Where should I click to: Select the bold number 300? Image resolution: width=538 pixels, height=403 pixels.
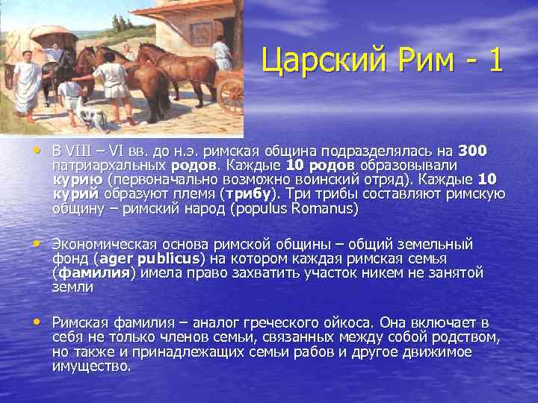[x=472, y=151]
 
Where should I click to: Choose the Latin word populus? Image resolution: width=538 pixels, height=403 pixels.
[x=265, y=209]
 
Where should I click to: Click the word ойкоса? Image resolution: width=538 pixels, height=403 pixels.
[x=344, y=323]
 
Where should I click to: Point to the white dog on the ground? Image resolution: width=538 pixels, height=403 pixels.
[x=91, y=116]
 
